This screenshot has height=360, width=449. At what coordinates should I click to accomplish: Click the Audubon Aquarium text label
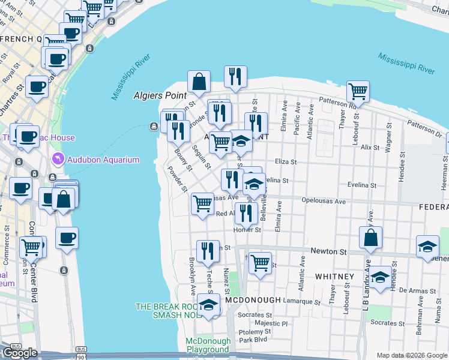(103, 160)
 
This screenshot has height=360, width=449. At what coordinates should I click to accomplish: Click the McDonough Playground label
(207, 345)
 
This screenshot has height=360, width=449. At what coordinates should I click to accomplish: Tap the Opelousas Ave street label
(324, 202)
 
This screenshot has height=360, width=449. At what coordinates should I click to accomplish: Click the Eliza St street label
(286, 162)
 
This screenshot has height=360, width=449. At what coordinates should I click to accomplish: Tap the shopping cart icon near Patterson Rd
(358, 92)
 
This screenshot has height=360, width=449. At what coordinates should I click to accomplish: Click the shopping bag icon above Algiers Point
(199, 82)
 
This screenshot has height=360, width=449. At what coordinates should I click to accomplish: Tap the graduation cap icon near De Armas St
(379, 278)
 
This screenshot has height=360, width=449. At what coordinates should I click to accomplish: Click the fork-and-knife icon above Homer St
(246, 212)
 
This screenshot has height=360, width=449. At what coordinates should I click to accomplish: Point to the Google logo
(20, 353)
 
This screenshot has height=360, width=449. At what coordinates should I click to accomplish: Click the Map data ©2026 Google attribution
(411, 355)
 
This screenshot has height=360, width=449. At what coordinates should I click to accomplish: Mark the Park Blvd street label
(253, 340)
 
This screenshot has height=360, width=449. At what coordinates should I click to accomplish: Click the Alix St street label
(370, 147)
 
